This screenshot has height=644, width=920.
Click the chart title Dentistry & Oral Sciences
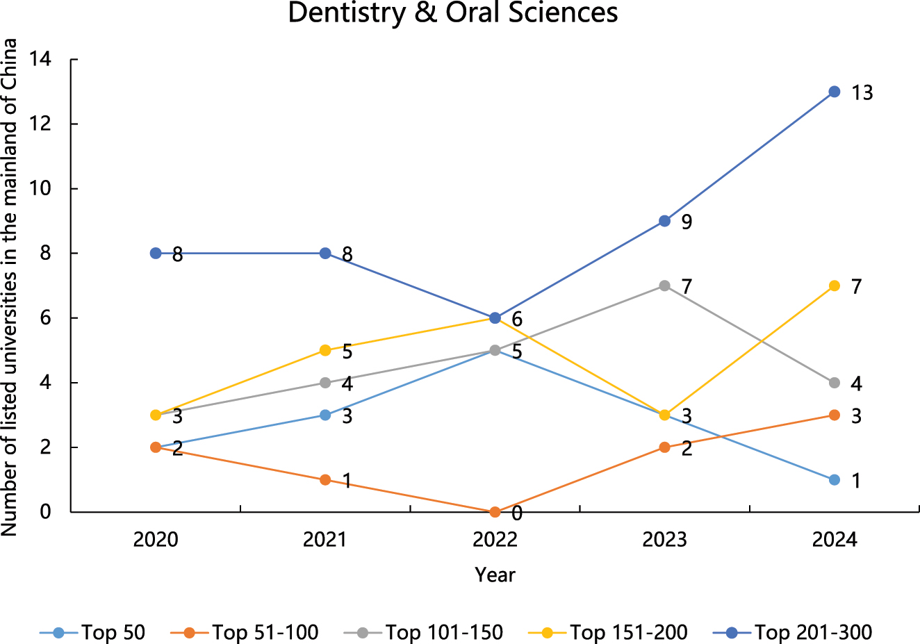(452, 13)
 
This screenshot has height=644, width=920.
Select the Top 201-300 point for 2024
(835, 92)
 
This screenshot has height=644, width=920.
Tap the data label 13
(862, 93)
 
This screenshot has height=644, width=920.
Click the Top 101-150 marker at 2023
(664, 286)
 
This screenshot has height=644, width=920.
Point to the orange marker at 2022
(495, 512)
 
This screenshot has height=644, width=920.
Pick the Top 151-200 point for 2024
(835, 286)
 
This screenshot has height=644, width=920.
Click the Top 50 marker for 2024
(835, 480)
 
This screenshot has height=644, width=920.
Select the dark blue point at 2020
(156, 253)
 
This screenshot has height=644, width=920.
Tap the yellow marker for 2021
(325, 350)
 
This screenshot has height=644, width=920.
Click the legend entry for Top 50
(93, 632)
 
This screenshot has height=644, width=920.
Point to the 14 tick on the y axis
(40, 60)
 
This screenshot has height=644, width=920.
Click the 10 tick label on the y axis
(40, 189)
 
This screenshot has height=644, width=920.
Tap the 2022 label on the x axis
(495, 540)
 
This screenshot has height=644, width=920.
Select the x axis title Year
(495, 575)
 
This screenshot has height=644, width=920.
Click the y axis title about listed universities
(10, 286)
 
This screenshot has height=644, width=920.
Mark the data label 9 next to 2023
(687, 222)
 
